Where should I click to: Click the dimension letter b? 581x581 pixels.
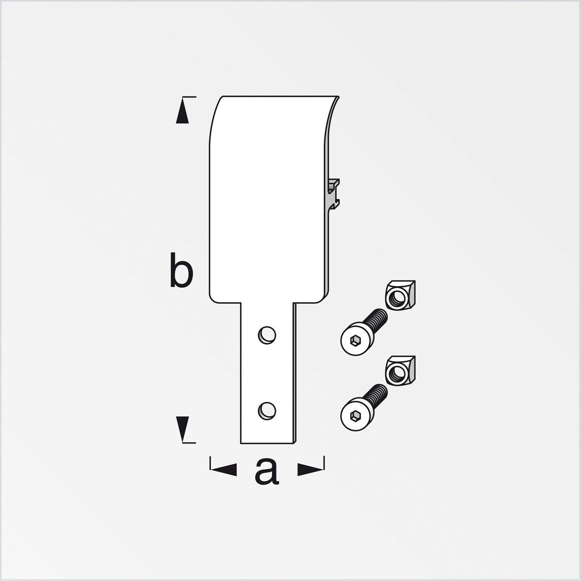[182, 273]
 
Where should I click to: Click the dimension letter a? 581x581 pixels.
[267, 471]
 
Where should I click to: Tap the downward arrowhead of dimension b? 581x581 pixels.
[182, 427]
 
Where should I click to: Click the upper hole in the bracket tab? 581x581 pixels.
[267, 335]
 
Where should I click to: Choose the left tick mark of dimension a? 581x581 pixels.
[210, 463]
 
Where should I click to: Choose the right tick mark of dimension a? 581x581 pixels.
[324, 463]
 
